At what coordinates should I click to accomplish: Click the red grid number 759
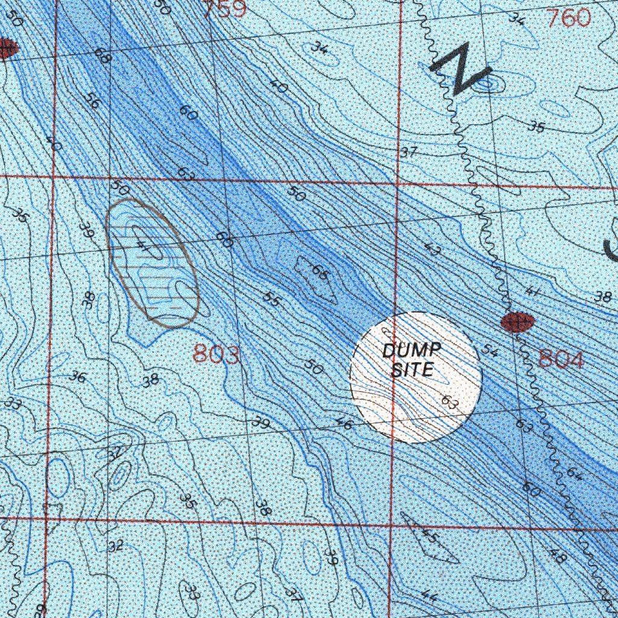(x=224, y=9)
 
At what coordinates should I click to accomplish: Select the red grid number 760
(x=569, y=18)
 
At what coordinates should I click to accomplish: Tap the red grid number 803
(x=216, y=355)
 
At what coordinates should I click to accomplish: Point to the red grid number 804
(x=561, y=360)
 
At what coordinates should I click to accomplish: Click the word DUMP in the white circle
(x=412, y=351)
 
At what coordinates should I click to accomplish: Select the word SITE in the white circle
(x=412, y=369)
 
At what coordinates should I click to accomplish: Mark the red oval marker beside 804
(x=517, y=322)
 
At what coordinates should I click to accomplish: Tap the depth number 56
(x=92, y=101)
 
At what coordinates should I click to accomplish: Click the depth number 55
(x=272, y=299)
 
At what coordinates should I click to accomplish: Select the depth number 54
(x=490, y=351)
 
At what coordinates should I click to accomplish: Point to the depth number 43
(x=432, y=249)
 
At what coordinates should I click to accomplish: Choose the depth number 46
(x=344, y=425)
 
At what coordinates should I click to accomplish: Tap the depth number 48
(x=558, y=556)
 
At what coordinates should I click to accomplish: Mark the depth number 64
(x=574, y=474)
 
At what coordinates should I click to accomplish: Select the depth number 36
(x=77, y=377)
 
